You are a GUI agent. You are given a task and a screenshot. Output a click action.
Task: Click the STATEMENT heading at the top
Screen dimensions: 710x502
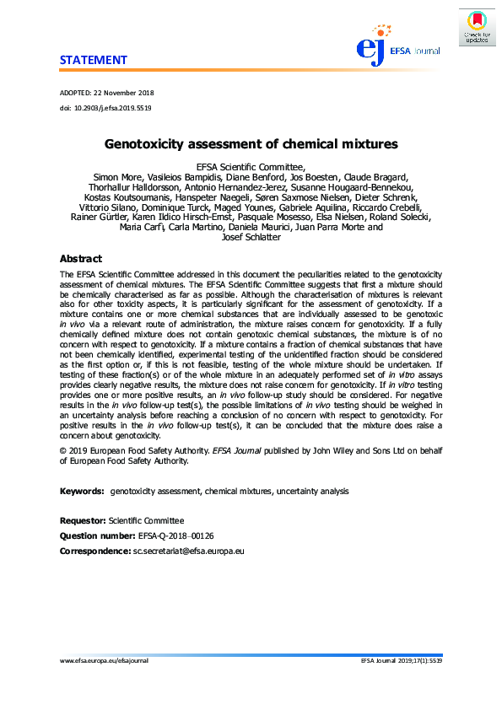[x=93, y=60]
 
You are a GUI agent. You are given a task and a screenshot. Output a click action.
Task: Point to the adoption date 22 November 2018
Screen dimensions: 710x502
[x=125, y=93]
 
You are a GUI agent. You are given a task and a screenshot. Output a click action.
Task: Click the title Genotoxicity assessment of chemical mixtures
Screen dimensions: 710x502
[x=251, y=145]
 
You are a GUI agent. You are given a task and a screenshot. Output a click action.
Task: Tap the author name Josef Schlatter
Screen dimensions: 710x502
[x=251, y=237]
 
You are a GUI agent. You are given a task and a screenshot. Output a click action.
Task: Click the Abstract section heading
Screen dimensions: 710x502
[x=80, y=259]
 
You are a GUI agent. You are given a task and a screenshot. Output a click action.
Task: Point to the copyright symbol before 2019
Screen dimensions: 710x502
[x=63, y=451]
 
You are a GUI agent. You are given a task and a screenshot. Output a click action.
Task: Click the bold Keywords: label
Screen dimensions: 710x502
[x=82, y=491]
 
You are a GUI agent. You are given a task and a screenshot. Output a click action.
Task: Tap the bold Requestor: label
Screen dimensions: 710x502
[x=83, y=520]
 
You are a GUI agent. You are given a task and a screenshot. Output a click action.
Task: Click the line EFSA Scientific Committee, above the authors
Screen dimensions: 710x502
[x=251, y=166]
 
